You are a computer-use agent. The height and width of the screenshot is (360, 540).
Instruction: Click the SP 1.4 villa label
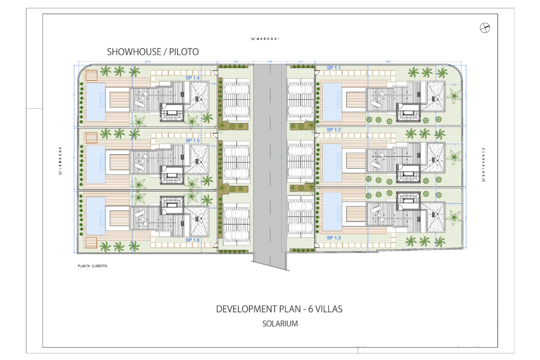click(192, 78)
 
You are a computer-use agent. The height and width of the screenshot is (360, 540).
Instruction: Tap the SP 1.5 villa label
click(192, 140)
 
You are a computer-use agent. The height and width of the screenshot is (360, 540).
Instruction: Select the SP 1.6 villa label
click(192, 240)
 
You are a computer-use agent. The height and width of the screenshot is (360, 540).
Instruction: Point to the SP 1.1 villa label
click(334, 68)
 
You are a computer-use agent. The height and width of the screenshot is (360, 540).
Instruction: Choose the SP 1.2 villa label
click(334, 130)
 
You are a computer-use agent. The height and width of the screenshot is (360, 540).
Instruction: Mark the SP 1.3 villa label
click(334, 238)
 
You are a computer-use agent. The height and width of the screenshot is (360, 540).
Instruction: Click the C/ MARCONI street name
click(265, 39)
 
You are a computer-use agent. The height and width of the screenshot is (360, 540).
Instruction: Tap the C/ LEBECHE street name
click(60, 161)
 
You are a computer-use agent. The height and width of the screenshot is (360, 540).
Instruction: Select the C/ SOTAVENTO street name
click(483, 164)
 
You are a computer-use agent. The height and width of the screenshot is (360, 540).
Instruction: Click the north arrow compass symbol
click(485, 28)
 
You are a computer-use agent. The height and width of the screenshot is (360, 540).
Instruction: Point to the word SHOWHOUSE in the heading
click(134, 52)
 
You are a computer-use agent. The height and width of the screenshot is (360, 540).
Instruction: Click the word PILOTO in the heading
click(184, 52)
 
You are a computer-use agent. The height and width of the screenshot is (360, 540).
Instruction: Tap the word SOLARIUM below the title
click(280, 324)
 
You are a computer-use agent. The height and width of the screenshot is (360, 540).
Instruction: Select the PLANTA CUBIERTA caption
click(92, 266)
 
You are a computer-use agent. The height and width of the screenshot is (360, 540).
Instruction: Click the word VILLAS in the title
click(329, 309)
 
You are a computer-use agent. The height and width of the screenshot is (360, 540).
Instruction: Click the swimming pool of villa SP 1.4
click(95, 102)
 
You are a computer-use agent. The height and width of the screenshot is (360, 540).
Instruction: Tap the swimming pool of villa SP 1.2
click(332, 163)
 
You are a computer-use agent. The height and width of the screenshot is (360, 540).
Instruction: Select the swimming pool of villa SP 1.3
click(332, 211)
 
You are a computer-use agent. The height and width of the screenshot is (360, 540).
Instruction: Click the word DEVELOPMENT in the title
click(258, 309)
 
